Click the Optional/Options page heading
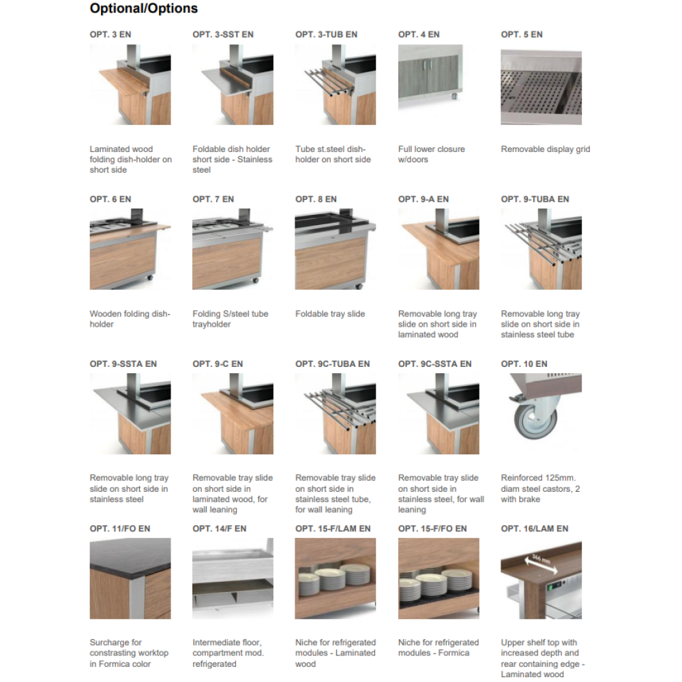[143, 8]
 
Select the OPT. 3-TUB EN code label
[326, 34]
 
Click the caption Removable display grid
[546, 149]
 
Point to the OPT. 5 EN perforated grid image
[541, 87]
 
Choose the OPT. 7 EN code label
[213, 199]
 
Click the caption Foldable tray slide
[330, 314]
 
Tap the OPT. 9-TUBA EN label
[535, 199]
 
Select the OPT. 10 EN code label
[524, 364]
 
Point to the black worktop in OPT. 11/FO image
[130, 557]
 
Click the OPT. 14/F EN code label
[219, 529]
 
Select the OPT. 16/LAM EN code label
[535, 529]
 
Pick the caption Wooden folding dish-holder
[130, 318]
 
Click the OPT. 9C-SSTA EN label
[435, 364]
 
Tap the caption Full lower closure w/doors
[432, 154]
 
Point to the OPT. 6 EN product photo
[130, 249]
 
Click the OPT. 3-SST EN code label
[223, 34]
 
